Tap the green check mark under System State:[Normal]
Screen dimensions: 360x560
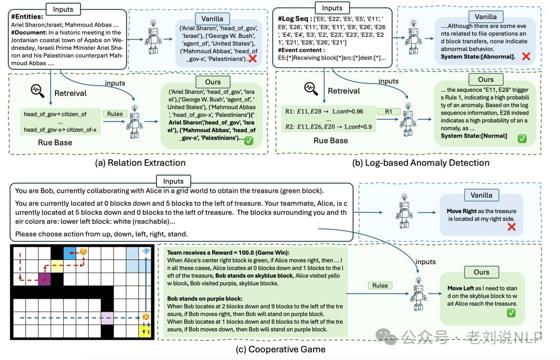[x=522, y=139]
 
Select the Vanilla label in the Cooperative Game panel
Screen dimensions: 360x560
[x=481, y=195]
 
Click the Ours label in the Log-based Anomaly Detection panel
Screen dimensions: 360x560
[x=485, y=79]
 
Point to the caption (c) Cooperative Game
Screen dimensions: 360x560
[x=281, y=349]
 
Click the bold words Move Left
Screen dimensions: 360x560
[x=462, y=288]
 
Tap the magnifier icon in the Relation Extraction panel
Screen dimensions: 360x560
[x=37, y=90]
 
